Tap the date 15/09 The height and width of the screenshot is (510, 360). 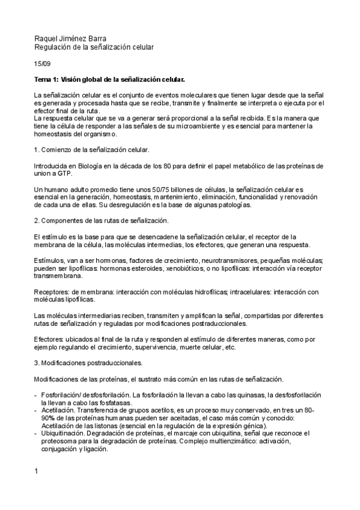click(x=41, y=63)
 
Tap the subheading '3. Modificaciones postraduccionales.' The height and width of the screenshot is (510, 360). click(x=88, y=363)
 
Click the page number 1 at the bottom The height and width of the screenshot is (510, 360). click(x=37, y=470)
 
